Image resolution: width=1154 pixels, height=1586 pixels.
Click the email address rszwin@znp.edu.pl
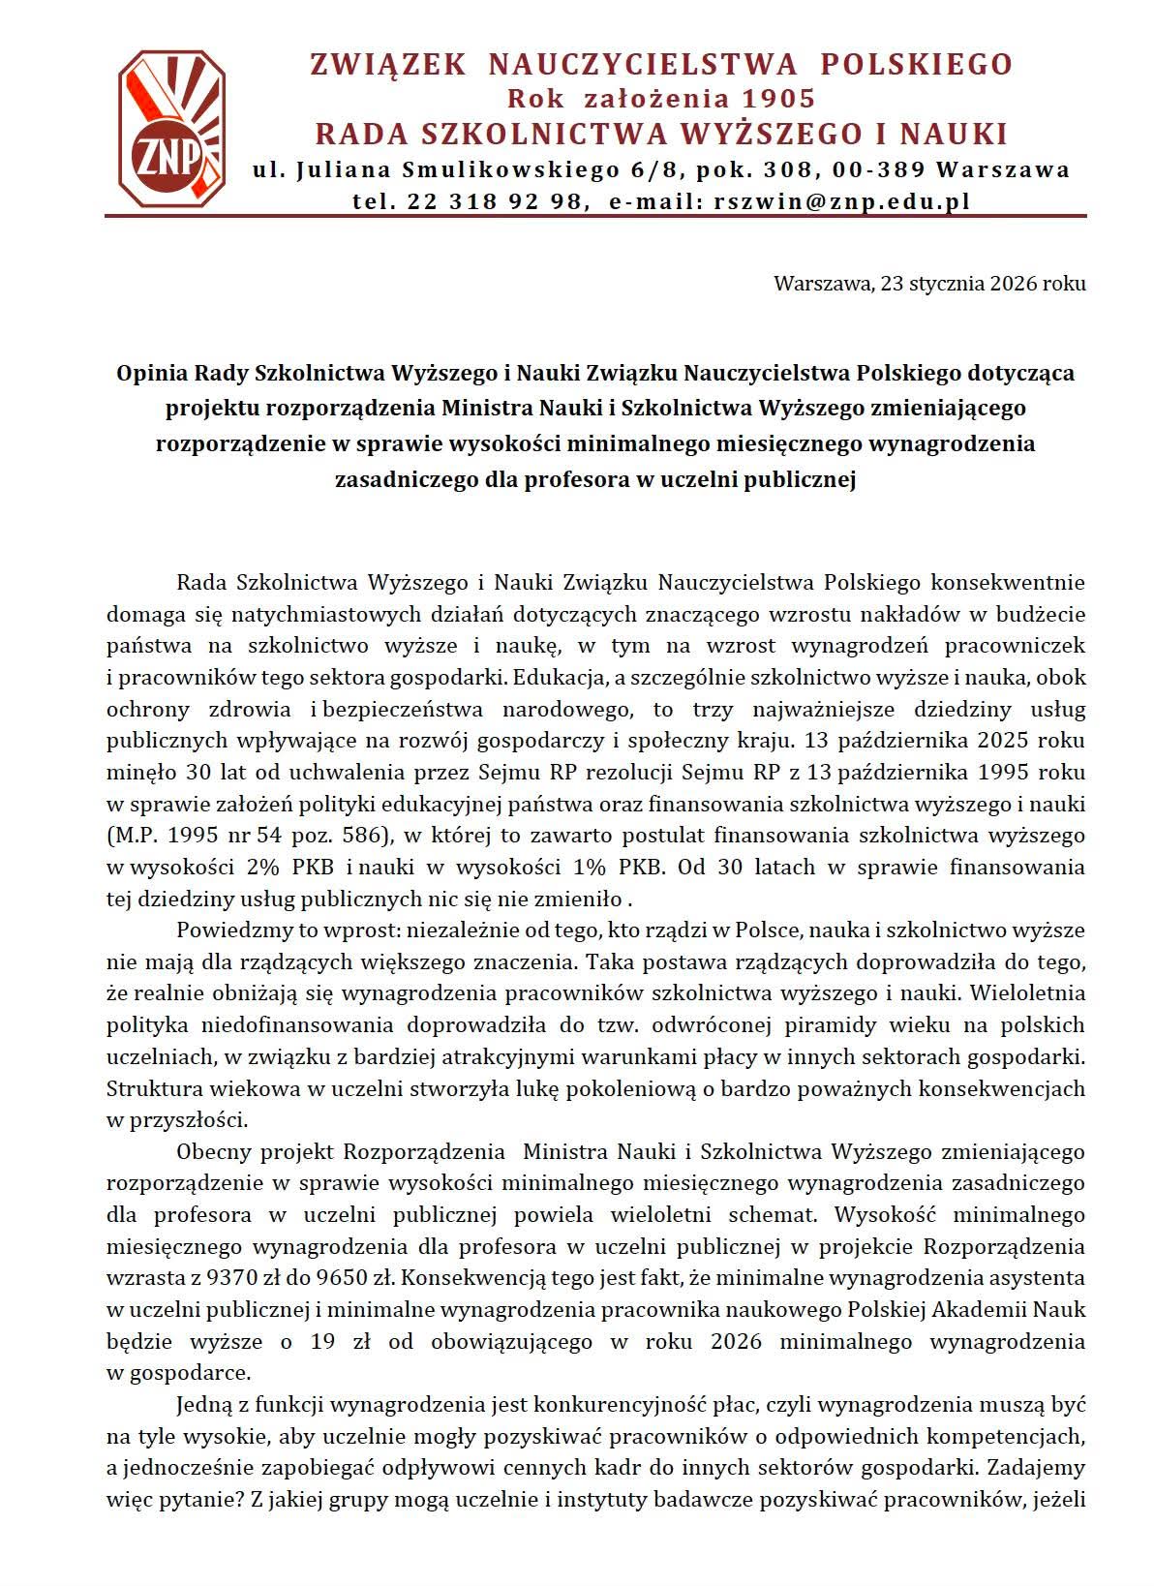point(840,200)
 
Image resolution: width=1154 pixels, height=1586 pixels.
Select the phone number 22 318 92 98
point(488,200)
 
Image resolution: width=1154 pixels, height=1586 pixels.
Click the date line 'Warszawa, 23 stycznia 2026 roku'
point(928,284)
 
